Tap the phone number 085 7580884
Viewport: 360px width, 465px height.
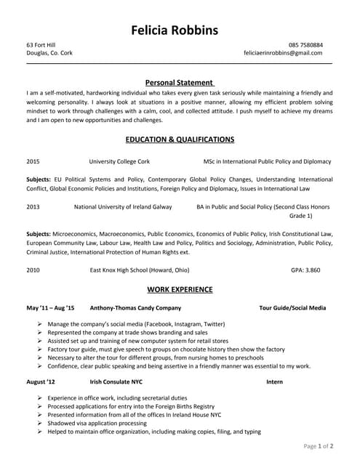305,45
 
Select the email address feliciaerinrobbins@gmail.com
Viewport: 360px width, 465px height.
283,53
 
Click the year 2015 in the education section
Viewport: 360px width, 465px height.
33,161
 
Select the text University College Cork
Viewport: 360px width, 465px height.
119,161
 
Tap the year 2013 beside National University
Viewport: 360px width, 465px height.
33,206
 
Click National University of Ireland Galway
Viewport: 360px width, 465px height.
123,206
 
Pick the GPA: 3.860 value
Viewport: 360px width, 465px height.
305,270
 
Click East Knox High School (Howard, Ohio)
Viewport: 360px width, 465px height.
140,270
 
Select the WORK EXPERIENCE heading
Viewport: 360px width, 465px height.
180,289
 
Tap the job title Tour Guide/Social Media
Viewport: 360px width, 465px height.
292,308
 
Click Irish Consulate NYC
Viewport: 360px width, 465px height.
116,381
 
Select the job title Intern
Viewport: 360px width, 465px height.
274,381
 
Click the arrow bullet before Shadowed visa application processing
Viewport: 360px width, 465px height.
39,423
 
